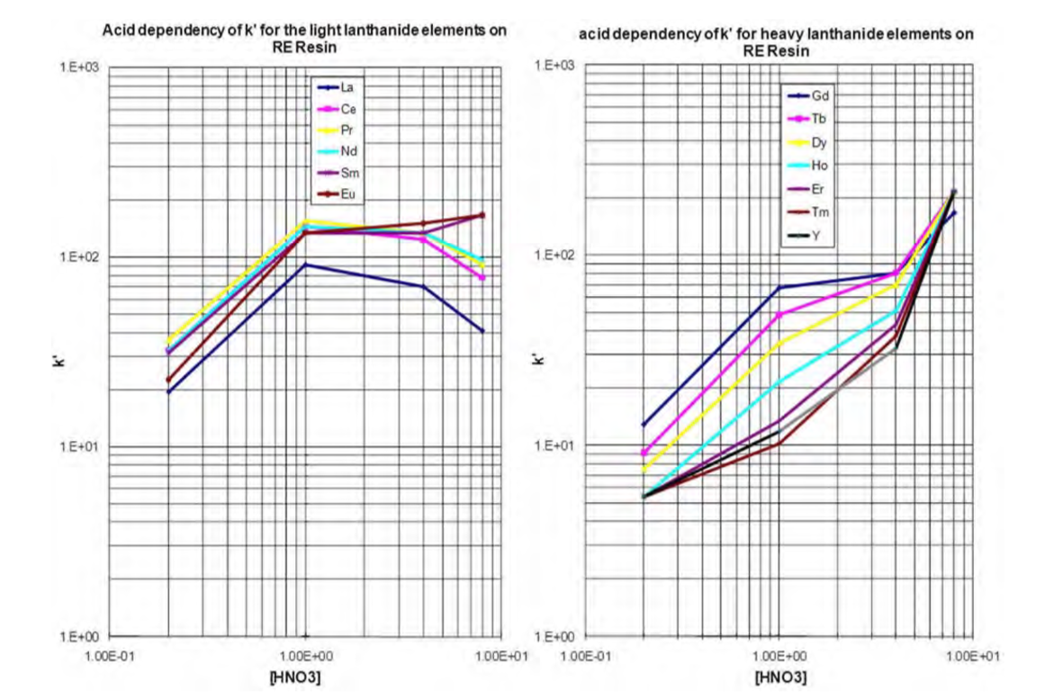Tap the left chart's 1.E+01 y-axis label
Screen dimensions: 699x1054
pyautogui.click(x=78, y=447)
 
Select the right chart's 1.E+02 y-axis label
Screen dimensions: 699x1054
pyautogui.click(x=554, y=255)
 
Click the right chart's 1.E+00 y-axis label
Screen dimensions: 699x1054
pyautogui.click(x=554, y=636)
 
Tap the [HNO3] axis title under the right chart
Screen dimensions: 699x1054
pyautogui.click(x=780, y=676)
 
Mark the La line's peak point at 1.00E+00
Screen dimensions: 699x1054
pyautogui.click(x=306, y=264)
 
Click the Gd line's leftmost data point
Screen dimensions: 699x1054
pyautogui.click(x=644, y=424)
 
